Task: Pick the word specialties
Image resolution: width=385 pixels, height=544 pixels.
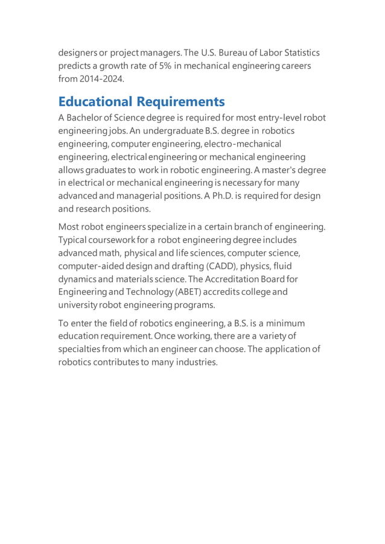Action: [x=79, y=349]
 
